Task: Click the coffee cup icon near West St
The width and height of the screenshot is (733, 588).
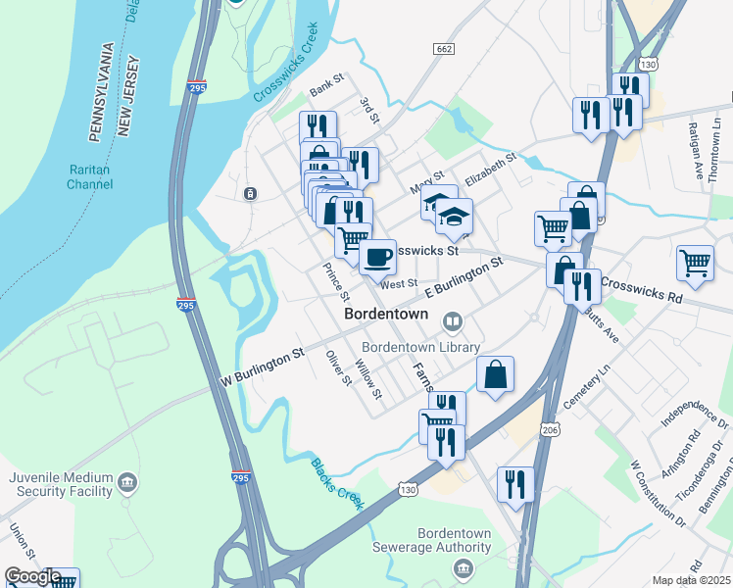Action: point(377,258)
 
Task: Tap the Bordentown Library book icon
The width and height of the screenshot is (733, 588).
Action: point(453,320)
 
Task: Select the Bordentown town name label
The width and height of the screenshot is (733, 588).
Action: point(386,315)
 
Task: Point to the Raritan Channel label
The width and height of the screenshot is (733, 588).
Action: point(91,176)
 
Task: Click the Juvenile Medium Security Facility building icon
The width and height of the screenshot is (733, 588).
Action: point(127,482)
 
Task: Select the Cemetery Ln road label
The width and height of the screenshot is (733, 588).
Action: point(585,388)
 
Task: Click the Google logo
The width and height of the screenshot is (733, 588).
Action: point(32,576)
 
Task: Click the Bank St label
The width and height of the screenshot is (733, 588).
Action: point(326,84)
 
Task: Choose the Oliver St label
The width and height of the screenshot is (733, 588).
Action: point(338,367)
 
